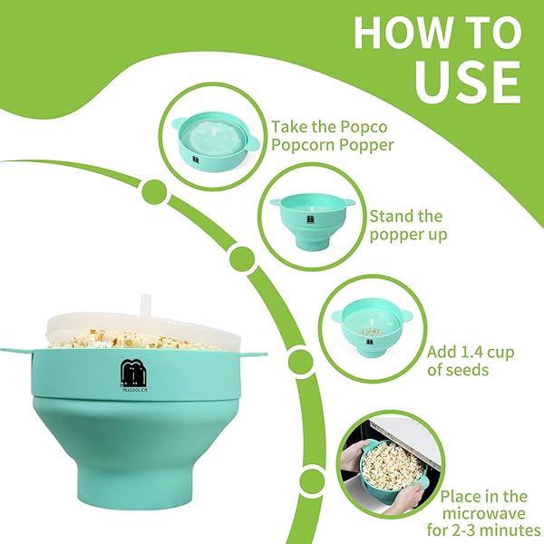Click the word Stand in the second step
click(x=390, y=217)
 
